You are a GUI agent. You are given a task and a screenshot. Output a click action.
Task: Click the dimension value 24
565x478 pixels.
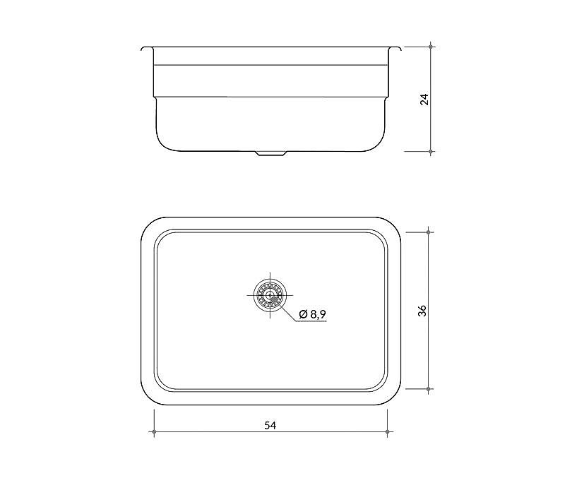(x=425, y=99)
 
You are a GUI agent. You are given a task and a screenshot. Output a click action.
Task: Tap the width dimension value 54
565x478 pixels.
(x=270, y=426)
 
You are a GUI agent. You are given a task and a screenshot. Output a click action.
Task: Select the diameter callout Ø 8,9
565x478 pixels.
(x=312, y=314)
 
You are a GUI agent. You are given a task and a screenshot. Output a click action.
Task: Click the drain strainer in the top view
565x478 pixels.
(x=270, y=295)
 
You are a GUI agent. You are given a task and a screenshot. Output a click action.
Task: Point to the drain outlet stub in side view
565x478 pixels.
(x=270, y=153)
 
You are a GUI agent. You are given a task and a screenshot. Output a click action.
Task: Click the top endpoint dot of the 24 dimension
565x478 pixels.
(x=431, y=47)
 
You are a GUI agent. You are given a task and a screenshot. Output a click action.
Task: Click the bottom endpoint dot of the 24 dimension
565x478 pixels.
(x=431, y=152)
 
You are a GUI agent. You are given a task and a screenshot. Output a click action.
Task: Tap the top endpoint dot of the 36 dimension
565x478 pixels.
(x=428, y=232)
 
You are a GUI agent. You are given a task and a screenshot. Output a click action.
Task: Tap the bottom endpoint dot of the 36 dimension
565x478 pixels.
(x=428, y=389)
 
